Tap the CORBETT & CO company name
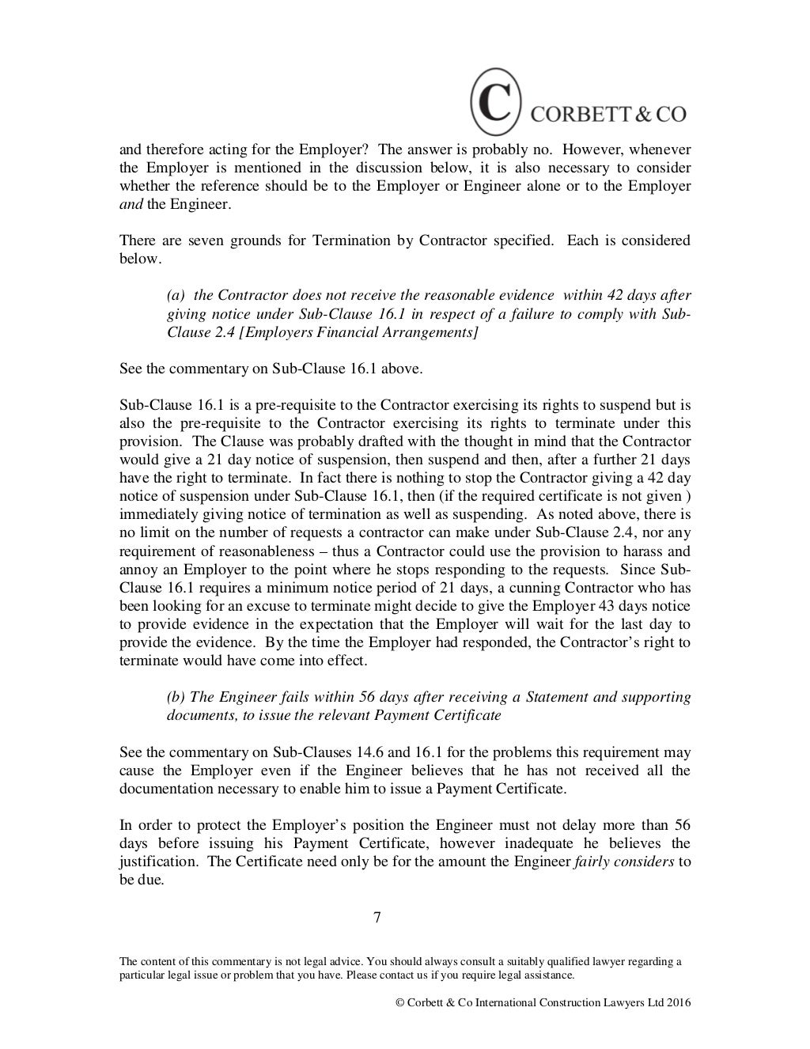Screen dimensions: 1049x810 click(x=607, y=113)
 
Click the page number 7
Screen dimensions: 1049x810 click(x=377, y=918)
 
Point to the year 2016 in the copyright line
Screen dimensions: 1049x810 click(x=679, y=1002)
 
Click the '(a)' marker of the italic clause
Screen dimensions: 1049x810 click(x=176, y=295)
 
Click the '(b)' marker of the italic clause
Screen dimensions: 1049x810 click(x=176, y=697)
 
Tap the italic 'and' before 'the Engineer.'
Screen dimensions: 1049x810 click(x=131, y=204)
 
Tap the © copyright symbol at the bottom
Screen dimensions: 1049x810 click(x=399, y=1002)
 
